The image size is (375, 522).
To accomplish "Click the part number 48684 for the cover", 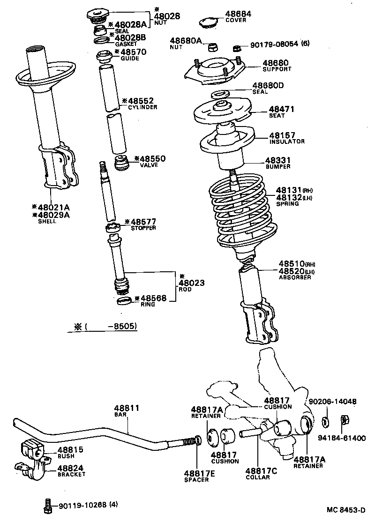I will point(238,14).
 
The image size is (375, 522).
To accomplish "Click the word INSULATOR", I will point(286,142).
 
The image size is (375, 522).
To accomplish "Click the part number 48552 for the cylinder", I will point(140,101).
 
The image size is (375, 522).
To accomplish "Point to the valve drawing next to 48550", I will point(123,164).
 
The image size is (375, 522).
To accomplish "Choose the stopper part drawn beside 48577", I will point(113,229).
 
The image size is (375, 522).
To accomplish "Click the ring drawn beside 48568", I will point(124,300).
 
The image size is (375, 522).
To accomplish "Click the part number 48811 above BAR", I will point(127,408).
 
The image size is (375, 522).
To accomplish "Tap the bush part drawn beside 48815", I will point(32,449).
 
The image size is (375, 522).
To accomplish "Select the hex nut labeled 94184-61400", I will point(343,420).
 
